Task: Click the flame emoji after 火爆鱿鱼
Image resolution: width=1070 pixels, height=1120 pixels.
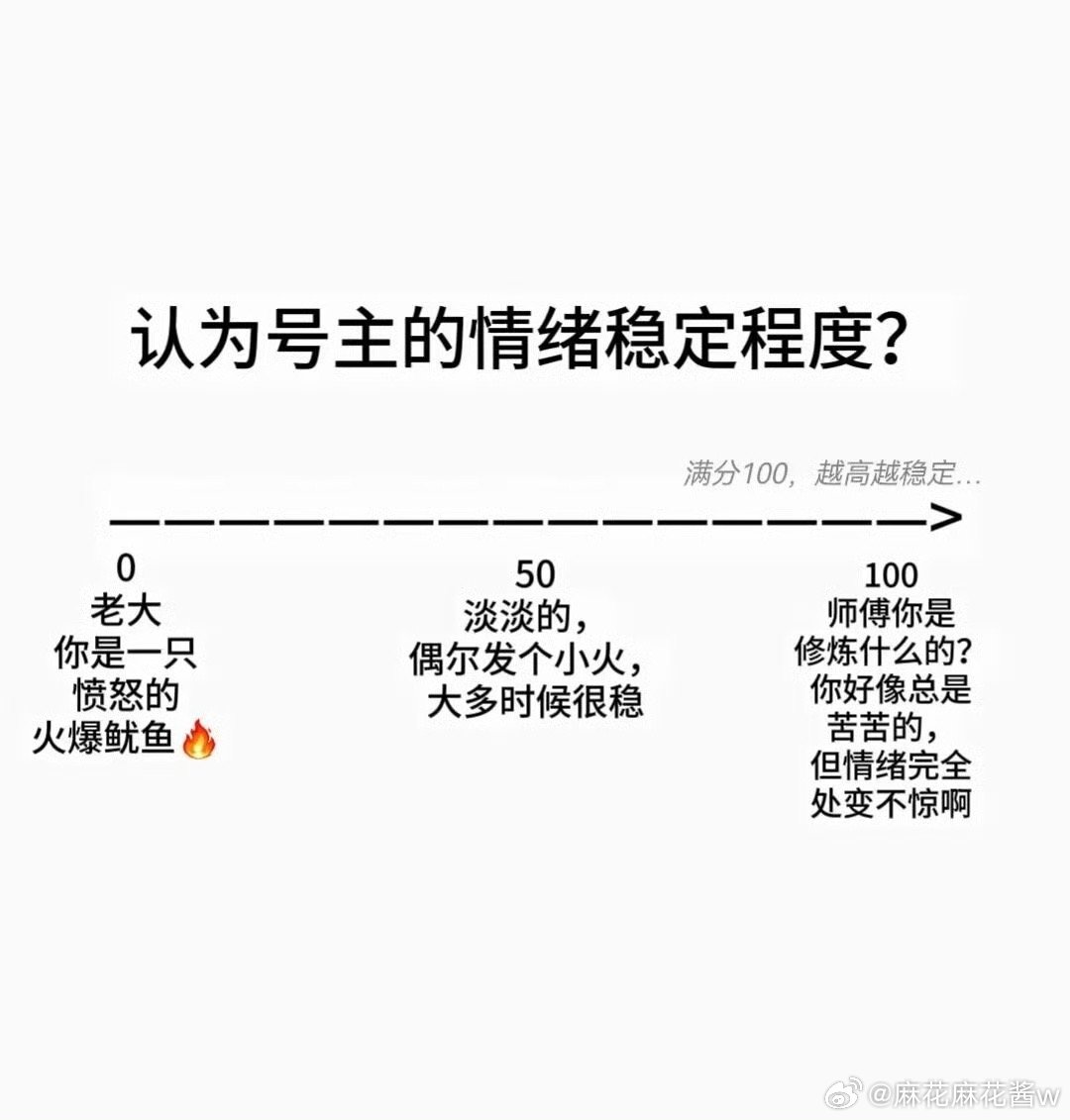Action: click(x=199, y=738)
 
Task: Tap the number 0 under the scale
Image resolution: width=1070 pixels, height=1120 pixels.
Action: click(x=126, y=568)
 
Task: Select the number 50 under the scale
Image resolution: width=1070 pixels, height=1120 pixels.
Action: click(x=535, y=574)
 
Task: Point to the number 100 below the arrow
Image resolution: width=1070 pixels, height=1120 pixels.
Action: click(x=892, y=575)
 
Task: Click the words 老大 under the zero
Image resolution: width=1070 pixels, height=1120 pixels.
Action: click(x=126, y=611)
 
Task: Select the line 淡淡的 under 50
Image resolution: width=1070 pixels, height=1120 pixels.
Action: click(x=526, y=617)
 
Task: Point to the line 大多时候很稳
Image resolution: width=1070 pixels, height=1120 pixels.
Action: click(x=535, y=701)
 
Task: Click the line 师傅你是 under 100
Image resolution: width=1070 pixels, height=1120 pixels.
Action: click(x=892, y=613)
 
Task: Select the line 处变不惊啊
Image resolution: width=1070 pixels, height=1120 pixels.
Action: click(x=892, y=803)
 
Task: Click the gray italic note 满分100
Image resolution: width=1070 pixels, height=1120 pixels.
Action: click(x=735, y=473)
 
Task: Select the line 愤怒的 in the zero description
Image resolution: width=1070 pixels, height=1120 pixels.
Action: click(x=126, y=695)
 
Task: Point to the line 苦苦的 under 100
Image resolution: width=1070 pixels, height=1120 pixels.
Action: click(x=884, y=728)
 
